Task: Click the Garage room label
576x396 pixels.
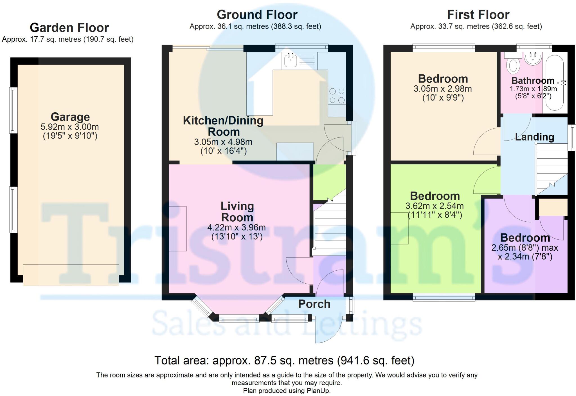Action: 70,117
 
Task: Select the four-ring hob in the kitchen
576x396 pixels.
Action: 337,96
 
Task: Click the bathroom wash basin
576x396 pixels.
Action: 533,59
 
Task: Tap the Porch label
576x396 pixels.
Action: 314,304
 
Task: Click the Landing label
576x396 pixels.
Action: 534,137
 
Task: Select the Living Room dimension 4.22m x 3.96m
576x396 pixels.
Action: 237,227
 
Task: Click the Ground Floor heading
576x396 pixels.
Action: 257,15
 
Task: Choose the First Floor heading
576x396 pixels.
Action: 478,15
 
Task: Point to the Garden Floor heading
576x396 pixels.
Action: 69,28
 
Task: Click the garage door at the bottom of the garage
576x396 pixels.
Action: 71,275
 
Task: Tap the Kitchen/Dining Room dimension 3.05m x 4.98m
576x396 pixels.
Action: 223,142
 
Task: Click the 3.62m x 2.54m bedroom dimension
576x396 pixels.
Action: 435,206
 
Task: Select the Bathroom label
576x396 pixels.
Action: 533,81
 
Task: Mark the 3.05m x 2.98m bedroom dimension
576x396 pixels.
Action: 443,89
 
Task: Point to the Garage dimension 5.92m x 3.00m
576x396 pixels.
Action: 70,127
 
